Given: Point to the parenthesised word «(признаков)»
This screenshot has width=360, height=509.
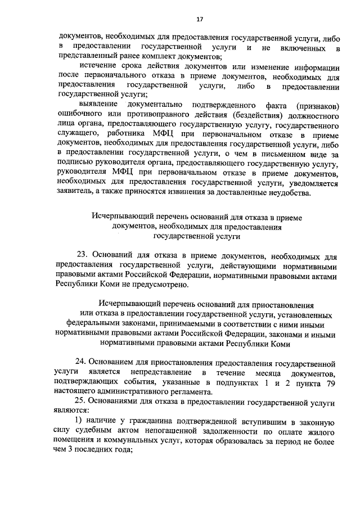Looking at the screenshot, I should coord(315,105).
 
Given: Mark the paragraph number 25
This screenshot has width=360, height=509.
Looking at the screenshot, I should coord(82,403).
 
